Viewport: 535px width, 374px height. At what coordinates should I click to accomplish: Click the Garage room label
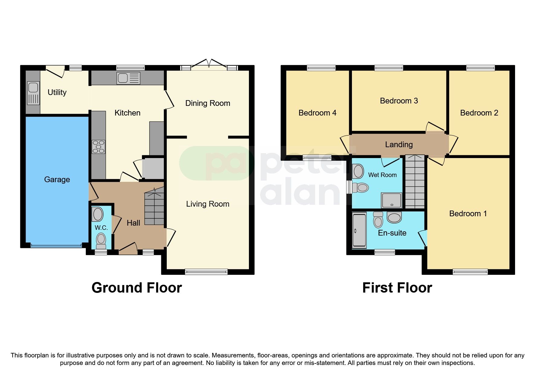pyautogui.click(x=57, y=179)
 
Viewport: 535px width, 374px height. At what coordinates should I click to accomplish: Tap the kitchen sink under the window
pyautogui.click(x=128, y=78)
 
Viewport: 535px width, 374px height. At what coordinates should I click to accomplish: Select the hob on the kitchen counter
pyautogui.click(x=98, y=147)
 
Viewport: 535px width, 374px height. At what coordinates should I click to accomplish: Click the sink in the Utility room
pyautogui.click(x=33, y=93)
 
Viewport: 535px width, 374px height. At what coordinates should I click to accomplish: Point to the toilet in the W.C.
pyautogui.click(x=101, y=240)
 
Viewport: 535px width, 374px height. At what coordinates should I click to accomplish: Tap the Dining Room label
pyautogui.click(x=208, y=103)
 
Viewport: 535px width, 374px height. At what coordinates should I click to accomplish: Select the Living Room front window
pyautogui.click(x=206, y=272)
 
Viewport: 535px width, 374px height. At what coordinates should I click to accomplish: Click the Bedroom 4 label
pyautogui.click(x=317, y=113)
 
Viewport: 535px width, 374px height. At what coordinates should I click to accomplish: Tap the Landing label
pyautogui.click(x=399, y=144)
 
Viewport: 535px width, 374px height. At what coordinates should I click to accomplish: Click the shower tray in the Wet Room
pyautogui.click(x=392, y=200)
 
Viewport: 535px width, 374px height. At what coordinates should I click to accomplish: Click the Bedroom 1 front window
pyautogui.click(x=470, y=272)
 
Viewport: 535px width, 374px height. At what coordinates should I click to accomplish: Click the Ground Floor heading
pyautogui.click(x=137, y=288)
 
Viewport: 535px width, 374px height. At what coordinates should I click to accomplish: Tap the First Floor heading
pyautogui.click(x=397, y=288)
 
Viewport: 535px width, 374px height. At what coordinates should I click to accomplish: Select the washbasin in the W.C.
pyautogui.click(x=98, y=214)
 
